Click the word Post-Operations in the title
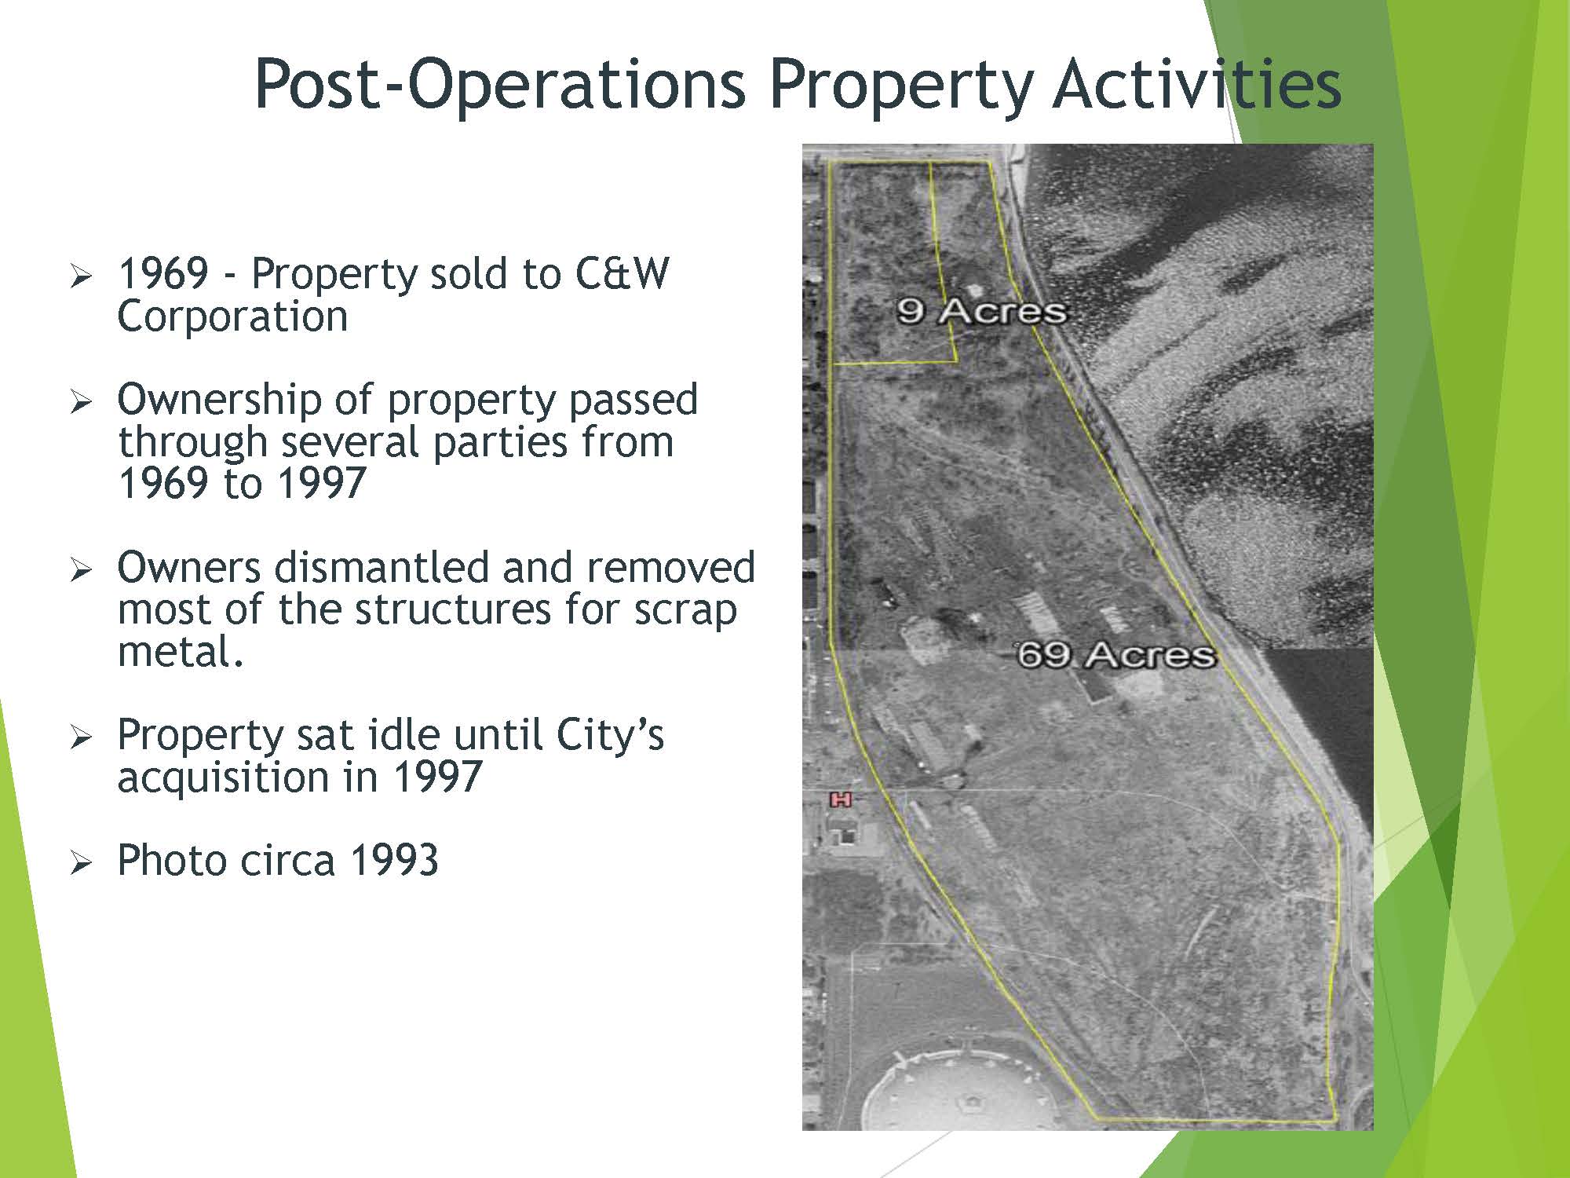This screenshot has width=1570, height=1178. click(500, 84)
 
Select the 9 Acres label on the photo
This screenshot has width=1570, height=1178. click(981, 311)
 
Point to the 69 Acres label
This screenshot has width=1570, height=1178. click(1115, 654)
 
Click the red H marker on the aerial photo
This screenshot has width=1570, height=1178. click(841, 799)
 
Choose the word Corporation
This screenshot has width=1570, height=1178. click(232, 316)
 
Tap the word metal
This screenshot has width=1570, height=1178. click(181, 651)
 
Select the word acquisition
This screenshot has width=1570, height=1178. click(223, 777)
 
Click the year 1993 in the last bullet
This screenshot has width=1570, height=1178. click(393, 860)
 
